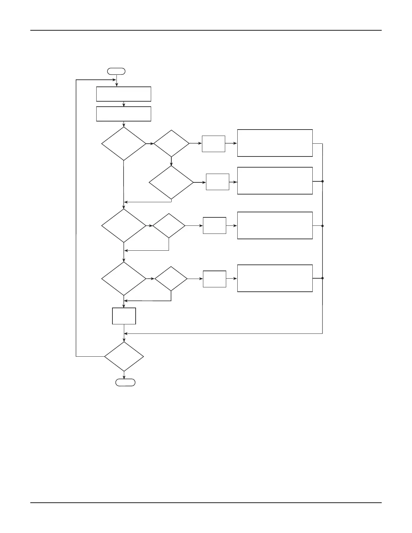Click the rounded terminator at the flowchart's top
[116, 71]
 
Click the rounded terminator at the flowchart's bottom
[126, 382]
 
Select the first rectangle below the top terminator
[124, 94]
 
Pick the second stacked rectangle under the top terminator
[124, 114]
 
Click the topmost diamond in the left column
[124, 144]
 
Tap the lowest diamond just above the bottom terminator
[124, 356]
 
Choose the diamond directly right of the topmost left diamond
[171, 143]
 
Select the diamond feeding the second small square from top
[171, 182]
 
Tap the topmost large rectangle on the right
[275, 143]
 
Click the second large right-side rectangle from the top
[275, 181]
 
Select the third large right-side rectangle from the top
[275, 225]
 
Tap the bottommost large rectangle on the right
[275, 278]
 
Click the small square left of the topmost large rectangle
[213, 144]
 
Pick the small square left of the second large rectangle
[217, 182]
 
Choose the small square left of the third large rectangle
[214, 225]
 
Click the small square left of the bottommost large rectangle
[214, 279]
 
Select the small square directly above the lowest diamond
[124, 316]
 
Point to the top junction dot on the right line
[322, 181]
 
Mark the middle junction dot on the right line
[322, 226]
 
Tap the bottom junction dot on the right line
[322, 278]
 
